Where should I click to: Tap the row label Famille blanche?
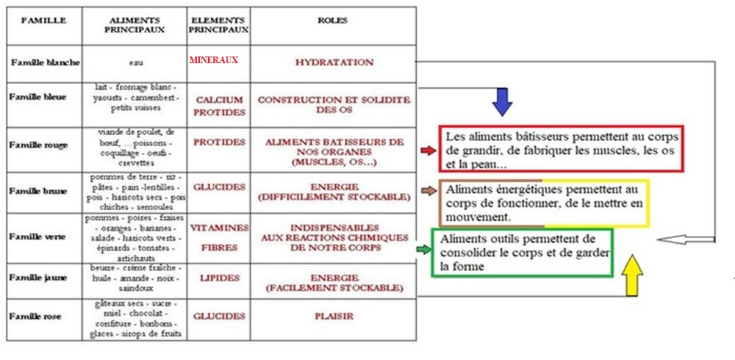[45, 62]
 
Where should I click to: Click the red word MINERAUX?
[214, 60]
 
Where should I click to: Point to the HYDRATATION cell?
[334, 62]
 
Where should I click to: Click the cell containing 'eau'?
[135, 64]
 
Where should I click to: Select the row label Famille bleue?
[35, 96]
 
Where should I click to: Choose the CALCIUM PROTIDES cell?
[219, 106]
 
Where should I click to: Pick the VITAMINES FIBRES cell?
[219, 237]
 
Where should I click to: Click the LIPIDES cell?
[219, 278]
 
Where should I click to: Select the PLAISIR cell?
[334, 317]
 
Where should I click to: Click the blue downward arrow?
[502, 101]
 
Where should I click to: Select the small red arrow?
[427, 151]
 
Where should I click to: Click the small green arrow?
[423, 250]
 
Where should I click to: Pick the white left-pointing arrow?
[684, 239]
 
